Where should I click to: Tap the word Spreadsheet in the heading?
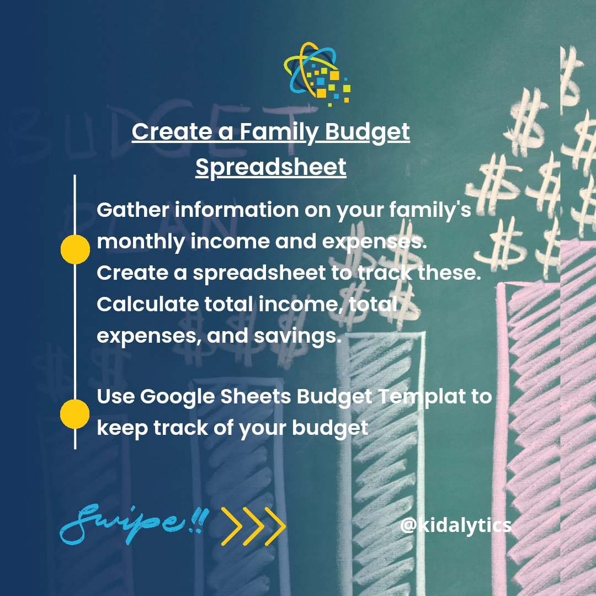click(271, 167)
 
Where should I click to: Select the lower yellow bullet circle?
click(74, 414)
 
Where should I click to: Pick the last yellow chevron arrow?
click(274, 526)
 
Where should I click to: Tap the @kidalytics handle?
click(456, 525)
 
